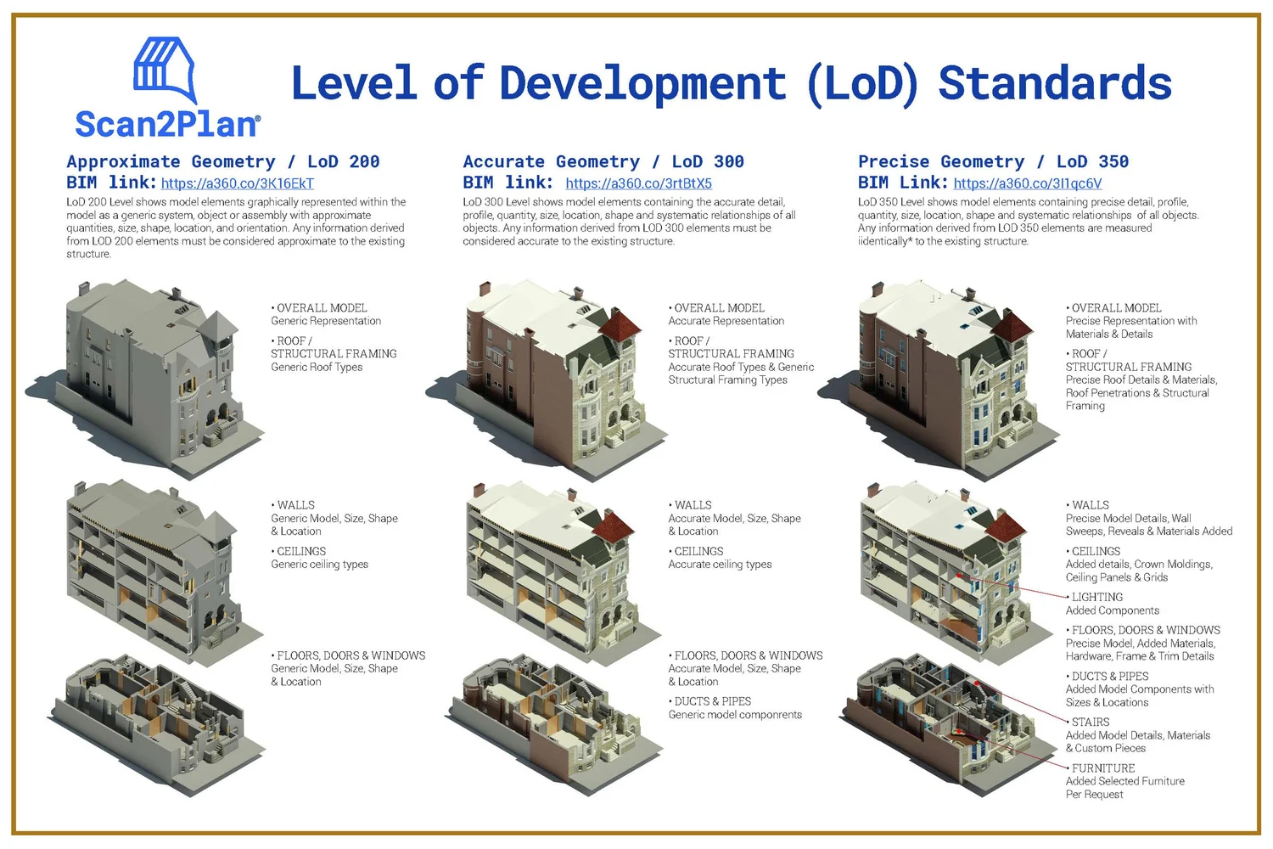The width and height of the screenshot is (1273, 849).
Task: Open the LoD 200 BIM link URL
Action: point(238,183)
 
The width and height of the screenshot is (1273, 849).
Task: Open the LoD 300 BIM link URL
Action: point(638,183)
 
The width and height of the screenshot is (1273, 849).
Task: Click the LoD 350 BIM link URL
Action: point(1027,183)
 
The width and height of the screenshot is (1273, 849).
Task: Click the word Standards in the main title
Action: point(1055,84)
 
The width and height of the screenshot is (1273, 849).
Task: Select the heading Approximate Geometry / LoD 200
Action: point(223,161)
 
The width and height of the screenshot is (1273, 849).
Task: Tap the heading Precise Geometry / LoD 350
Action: point(993,161)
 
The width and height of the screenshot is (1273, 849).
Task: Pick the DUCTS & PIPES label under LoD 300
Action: point(712,701)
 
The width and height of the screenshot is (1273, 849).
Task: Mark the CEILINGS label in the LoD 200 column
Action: point(301,551)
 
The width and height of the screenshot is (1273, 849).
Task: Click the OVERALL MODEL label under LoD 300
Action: point(719,308)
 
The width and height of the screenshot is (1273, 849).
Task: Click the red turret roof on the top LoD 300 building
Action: point(621,324)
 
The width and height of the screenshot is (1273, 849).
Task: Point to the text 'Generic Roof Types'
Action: point(317,367)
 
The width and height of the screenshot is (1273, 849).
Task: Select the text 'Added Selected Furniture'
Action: point(1124,781)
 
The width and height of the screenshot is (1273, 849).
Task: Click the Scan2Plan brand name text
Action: point(167,125)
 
